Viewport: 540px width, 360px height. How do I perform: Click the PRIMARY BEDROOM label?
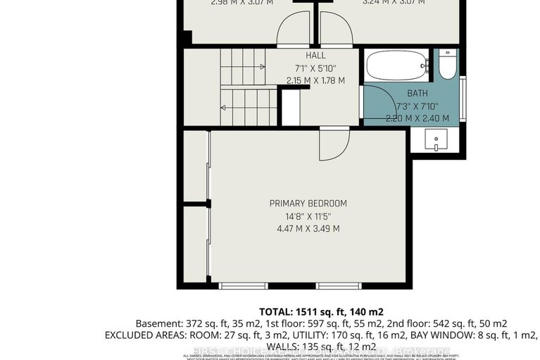coord(308,204)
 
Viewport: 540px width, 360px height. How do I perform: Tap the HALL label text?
coord(315,56)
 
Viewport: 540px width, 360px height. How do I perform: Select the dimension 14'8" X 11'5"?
coord(308,216)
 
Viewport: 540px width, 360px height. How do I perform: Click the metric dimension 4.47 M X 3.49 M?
coord(308,228)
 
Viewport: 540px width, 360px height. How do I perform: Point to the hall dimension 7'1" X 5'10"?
coord(315,68)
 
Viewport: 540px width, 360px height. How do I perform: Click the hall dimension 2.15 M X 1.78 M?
coord(315,80)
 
